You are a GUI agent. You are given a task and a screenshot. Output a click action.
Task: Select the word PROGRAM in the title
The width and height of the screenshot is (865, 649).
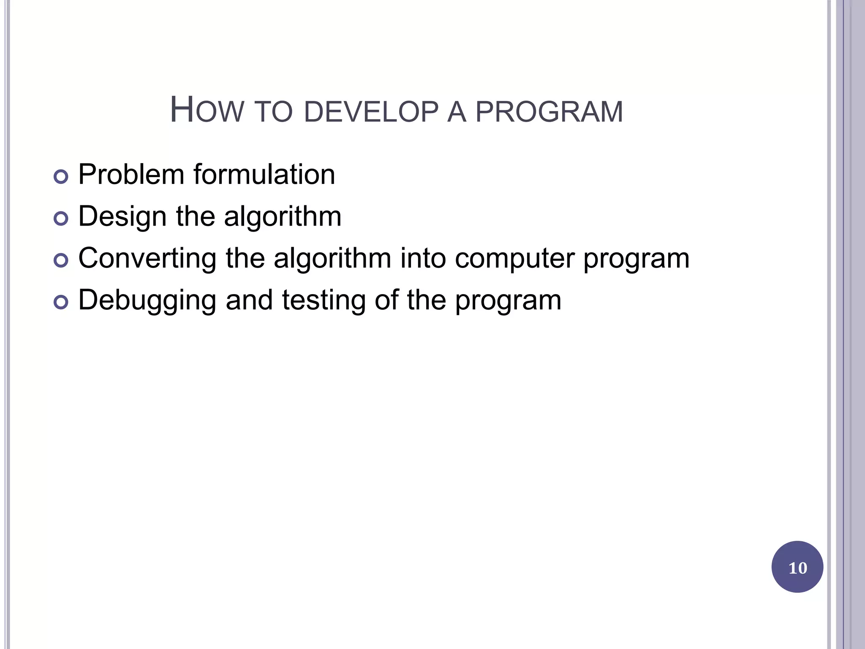[x=549, y=112]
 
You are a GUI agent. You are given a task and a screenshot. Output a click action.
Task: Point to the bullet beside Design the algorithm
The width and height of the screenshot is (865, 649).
[x=61, y=218]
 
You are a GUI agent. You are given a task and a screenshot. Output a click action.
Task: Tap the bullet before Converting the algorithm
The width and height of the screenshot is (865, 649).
[x=61, y=260]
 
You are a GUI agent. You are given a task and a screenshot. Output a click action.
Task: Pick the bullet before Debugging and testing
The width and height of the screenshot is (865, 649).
[x=61, y=302]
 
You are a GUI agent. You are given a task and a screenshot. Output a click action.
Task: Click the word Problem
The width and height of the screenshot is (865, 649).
[x=131, y=174]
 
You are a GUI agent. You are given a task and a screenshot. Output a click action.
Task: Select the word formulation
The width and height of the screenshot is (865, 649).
[x=264, y=174]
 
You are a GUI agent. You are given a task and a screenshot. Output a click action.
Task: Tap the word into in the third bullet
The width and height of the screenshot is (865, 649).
[x=423, y=258]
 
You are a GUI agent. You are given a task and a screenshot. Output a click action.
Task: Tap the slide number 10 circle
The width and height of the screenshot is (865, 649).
[x=797, y=567]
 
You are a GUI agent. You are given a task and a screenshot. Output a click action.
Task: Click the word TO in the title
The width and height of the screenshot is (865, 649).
[x=274, y=112]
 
